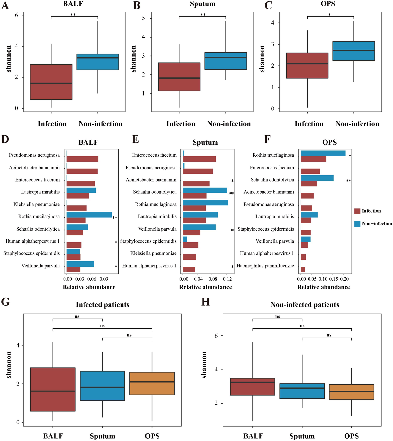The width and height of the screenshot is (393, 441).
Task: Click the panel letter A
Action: tap(5, 5)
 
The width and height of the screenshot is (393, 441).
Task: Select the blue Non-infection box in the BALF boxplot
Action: tap(98, 62)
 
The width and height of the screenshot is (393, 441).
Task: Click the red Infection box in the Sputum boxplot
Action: tap(179, 77)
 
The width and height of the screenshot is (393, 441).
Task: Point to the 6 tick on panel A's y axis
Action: tap(16, 15)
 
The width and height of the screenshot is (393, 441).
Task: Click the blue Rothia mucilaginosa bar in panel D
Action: tap(89, 215)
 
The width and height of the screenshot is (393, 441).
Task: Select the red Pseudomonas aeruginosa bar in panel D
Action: tap(82, 159)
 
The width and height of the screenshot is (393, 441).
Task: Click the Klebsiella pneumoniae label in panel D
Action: tap(37, 204)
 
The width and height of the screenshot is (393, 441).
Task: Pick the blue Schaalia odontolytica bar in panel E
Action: tap(205, 190)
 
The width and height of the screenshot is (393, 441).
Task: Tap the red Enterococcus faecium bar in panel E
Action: tap(199, 159)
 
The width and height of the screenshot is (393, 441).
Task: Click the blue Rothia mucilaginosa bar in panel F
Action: tap(323, 153)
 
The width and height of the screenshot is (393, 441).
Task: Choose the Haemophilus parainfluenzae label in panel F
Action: tap(265, 266)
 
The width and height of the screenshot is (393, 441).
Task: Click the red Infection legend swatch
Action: tap(357, 211)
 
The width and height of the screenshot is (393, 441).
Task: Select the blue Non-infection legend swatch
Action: tap(357, 224)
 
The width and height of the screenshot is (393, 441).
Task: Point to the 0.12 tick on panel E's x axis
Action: tap(227, 279)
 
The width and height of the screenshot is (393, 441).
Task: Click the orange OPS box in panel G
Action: tap(152, 384)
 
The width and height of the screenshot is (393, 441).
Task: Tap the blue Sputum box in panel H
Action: tap(302, 391)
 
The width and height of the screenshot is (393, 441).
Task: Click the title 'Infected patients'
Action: tap(103, 305)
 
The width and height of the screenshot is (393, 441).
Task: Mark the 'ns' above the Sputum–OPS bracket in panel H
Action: tap(329, 335)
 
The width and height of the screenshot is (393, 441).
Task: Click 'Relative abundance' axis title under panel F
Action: tap(324, 287)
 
